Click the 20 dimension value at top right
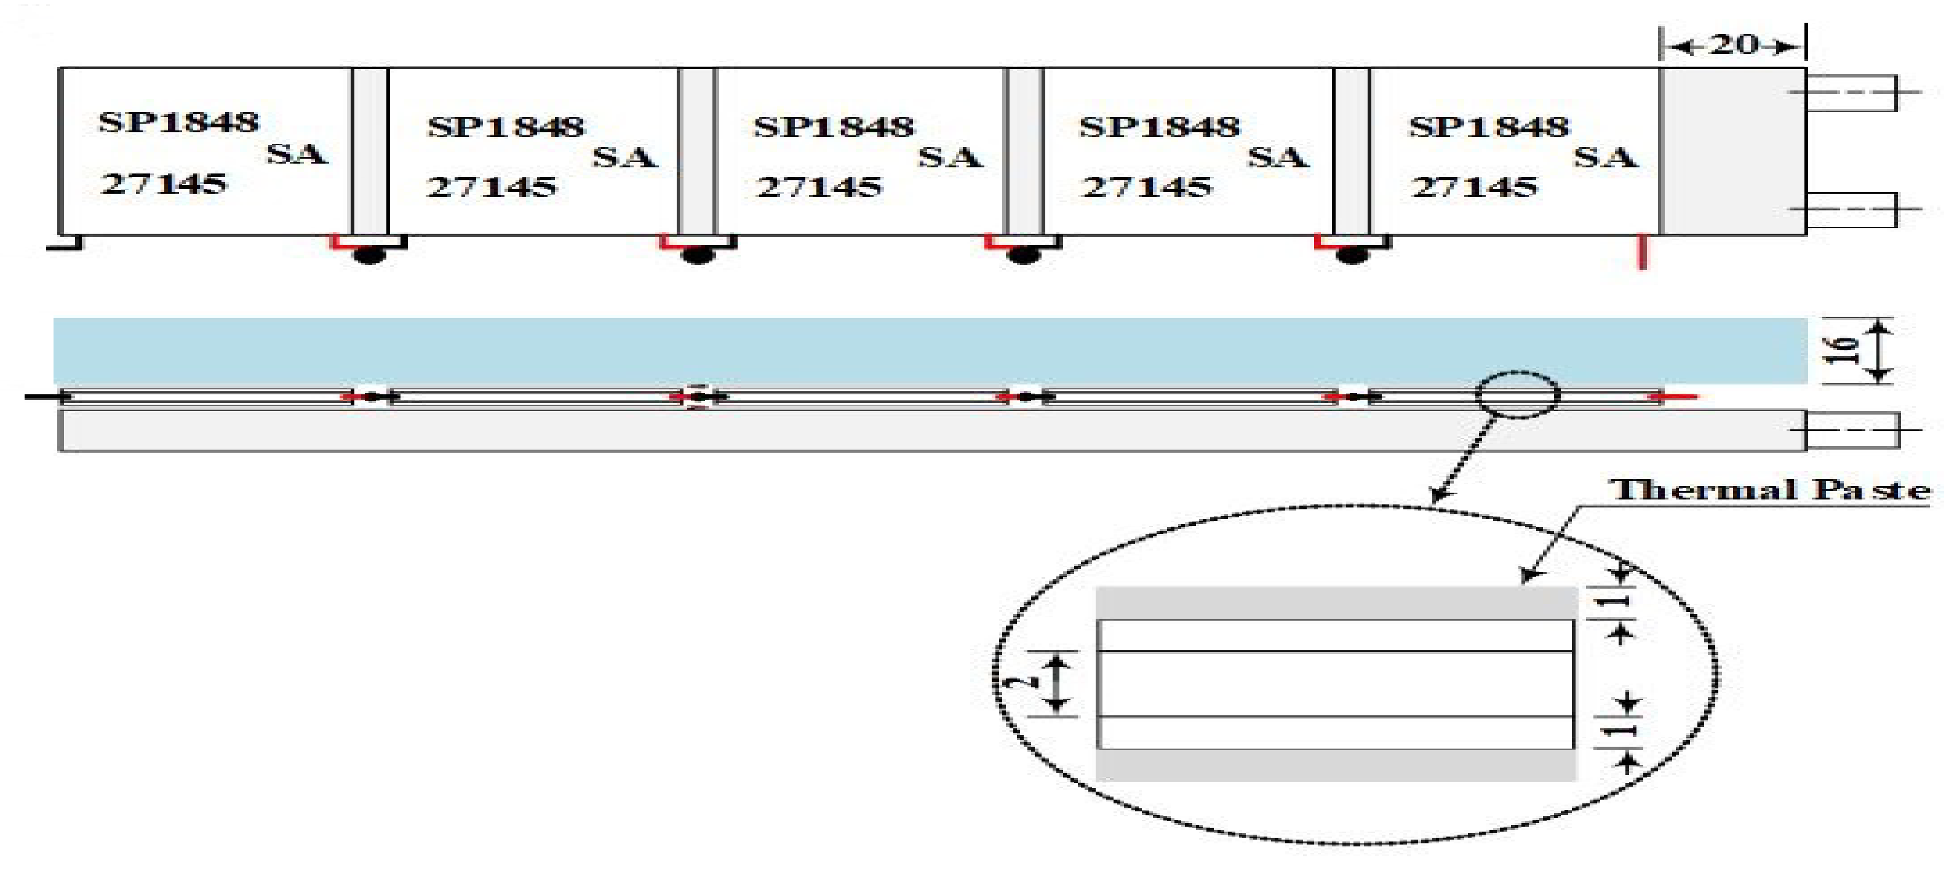[1734, 45]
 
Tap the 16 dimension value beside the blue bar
[1841, 351]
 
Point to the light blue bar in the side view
[930, 351]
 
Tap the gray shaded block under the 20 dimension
[1732, 151]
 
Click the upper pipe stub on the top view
[1851, 92]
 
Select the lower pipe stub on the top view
[1851, 210]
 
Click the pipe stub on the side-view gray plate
[1852, 430]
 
